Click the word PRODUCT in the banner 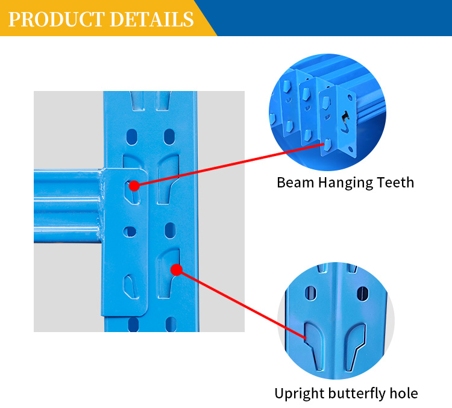click(x=57, y=19)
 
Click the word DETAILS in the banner click(x=152, y=19)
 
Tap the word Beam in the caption click(x=295, y=183)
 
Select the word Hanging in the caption click(x=345, y=183)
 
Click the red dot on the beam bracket click(x=134, y=186)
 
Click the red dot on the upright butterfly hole click(x=177, y=269)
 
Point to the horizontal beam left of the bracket click(x=67, y=206)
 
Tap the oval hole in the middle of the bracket click(x=130, y=231)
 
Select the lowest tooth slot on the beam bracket click(x=131, y=287)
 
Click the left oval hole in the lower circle click(x=310, y=293)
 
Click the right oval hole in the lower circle click(x=362, y=293)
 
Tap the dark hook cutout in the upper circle click(x=345, y=122)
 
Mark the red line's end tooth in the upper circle click(x=327, y=145)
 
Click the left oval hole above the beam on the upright click(x=132, y=137)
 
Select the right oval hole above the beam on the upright click(x=169, y=137)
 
